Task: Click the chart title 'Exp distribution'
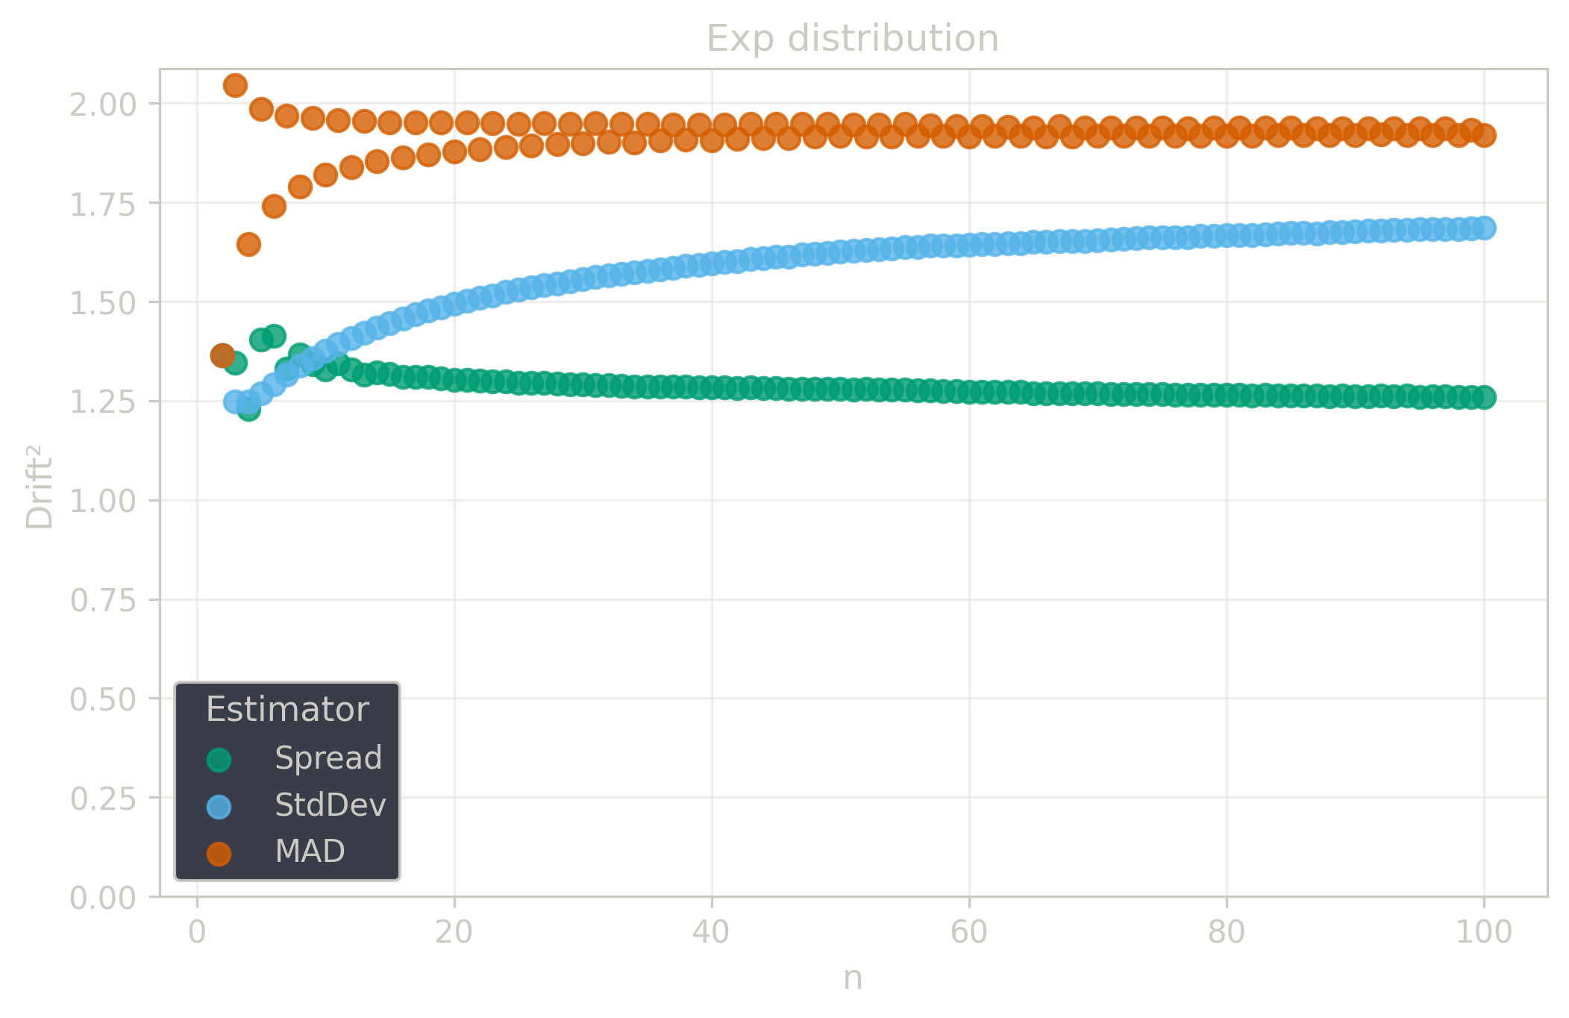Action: tap(852, 39)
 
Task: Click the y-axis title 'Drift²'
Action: tap(40, 487)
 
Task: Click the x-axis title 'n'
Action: tap(853, 978)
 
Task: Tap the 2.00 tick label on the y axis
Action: tap(103, 104)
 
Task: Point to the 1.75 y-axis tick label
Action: tap(103, 204)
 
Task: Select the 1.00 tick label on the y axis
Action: tap(103, 501)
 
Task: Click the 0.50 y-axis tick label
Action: tap(103, 699)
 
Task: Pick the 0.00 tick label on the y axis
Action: tap(103, 898)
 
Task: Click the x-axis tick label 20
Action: tap(454, 933)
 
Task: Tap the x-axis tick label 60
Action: tap(969, 933)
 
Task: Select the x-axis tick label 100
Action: tap(1484, 933)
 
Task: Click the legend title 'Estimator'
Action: tap(287, 709)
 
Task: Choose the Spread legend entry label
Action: tap(328, 758)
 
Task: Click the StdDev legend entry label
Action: tap(331, 805)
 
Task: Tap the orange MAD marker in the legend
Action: tap(219, 853)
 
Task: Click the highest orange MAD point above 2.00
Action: tap(235, 85)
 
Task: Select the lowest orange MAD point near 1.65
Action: tap(248, 244)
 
